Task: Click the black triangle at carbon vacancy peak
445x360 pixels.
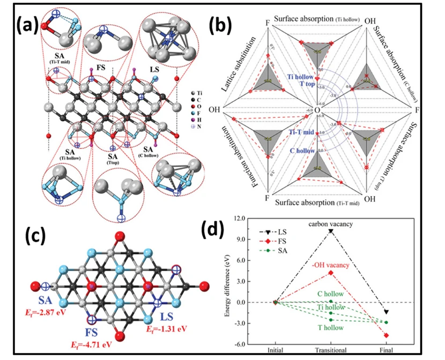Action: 331,231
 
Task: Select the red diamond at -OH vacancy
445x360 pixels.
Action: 331,273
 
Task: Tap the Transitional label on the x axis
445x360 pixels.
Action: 331,351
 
